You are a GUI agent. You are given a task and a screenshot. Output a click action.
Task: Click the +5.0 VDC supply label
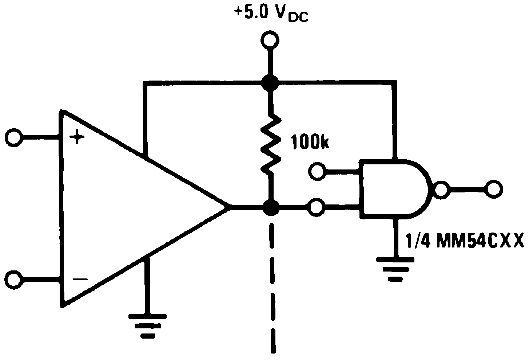coord(271,14)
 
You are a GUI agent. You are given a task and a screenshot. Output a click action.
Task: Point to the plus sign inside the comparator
coord(77,138)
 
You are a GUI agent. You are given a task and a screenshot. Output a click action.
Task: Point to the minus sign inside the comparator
coord(80,280)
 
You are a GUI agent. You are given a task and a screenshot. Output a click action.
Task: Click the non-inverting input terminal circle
coord(14,138)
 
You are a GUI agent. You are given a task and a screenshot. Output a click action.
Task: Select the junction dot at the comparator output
coord(270,208)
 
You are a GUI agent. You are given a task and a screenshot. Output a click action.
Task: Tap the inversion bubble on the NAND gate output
coord(440,189)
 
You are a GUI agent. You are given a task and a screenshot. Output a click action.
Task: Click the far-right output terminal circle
coord(494,189)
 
